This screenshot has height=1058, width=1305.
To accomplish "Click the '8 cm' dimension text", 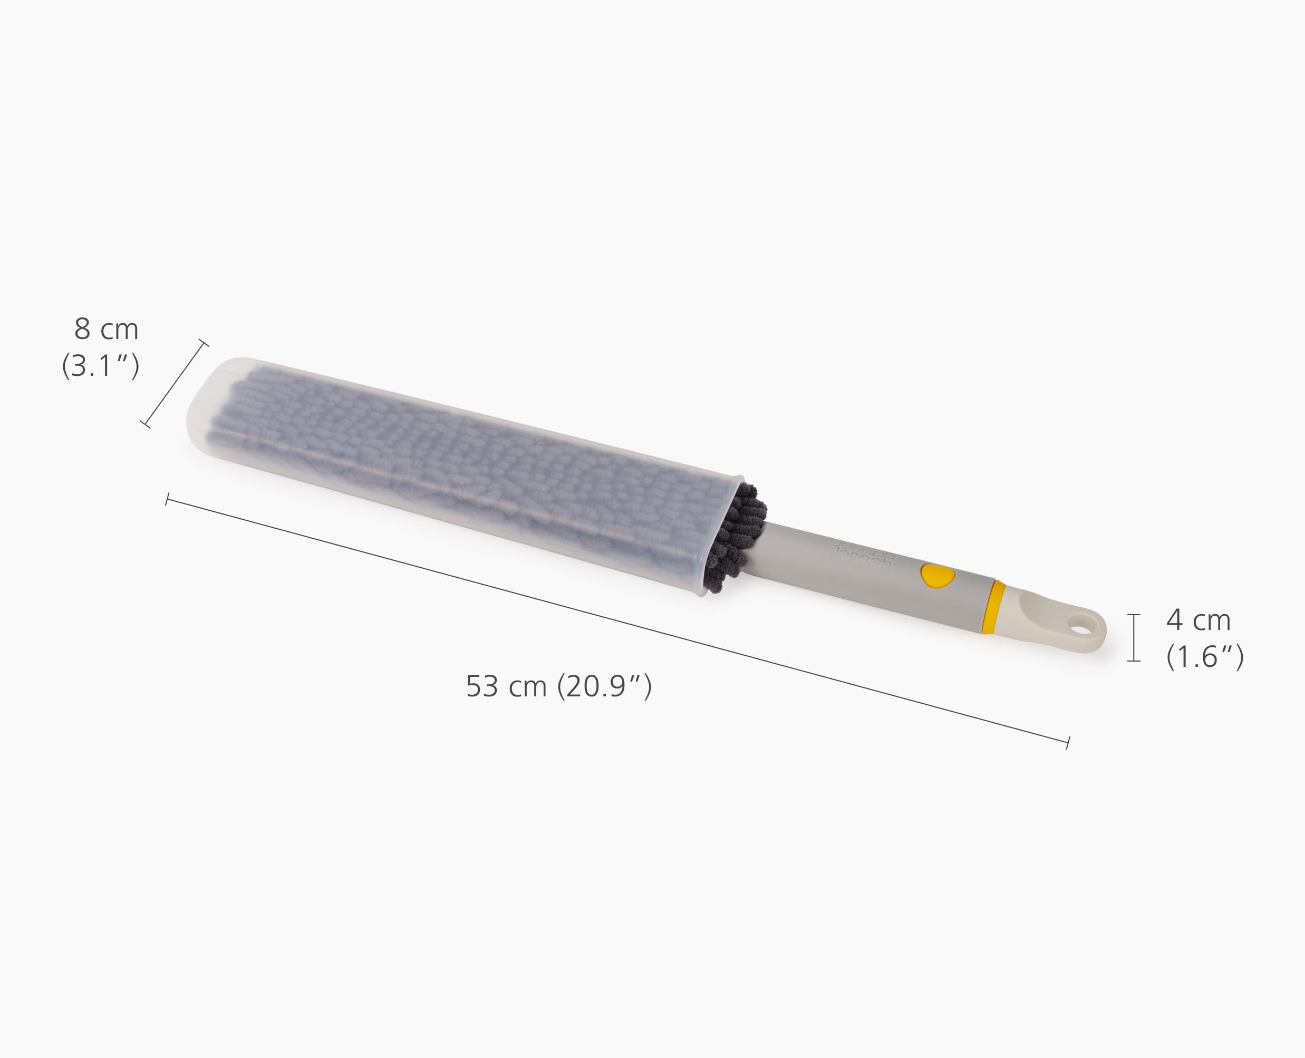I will pos(107,329).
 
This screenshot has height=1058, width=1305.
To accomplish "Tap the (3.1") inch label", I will pos(101,366).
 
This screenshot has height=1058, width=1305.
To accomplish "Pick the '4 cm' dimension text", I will pos(1198,620).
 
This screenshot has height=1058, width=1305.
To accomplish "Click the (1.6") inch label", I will pos(1204,656).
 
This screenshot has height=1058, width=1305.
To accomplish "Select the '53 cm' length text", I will pos(505,687).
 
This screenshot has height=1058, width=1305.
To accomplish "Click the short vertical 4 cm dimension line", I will pos(1134,637).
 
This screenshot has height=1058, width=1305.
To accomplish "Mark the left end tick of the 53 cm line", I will pos(167,500).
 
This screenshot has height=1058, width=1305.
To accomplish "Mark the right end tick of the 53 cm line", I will pos(1068,743).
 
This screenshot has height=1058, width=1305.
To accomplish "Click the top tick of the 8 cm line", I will pos(204,343).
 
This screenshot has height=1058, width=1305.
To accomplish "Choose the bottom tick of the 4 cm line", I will pos(1134,661).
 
